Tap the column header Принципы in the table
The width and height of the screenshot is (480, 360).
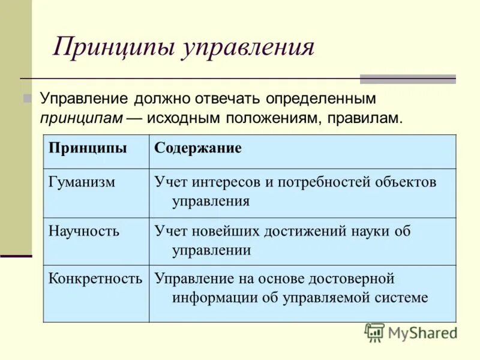click(x=88, y=149)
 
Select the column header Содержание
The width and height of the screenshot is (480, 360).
click(x=198, y=149)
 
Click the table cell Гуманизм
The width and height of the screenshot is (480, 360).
click(x=82, y=182)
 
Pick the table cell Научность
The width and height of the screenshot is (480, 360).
click(x=84, y=231)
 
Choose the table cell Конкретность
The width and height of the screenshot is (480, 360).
click(x=95, y=279)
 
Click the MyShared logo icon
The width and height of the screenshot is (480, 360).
click(x=374, y=332)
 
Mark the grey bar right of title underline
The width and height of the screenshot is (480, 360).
click(x=407, y=79)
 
